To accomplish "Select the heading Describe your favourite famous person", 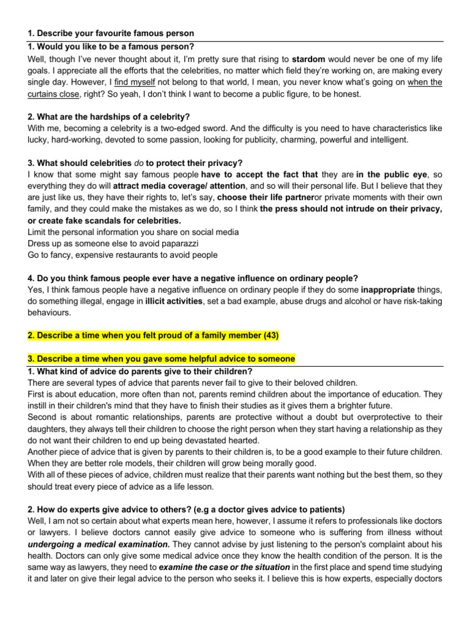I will [x=115, y=32].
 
